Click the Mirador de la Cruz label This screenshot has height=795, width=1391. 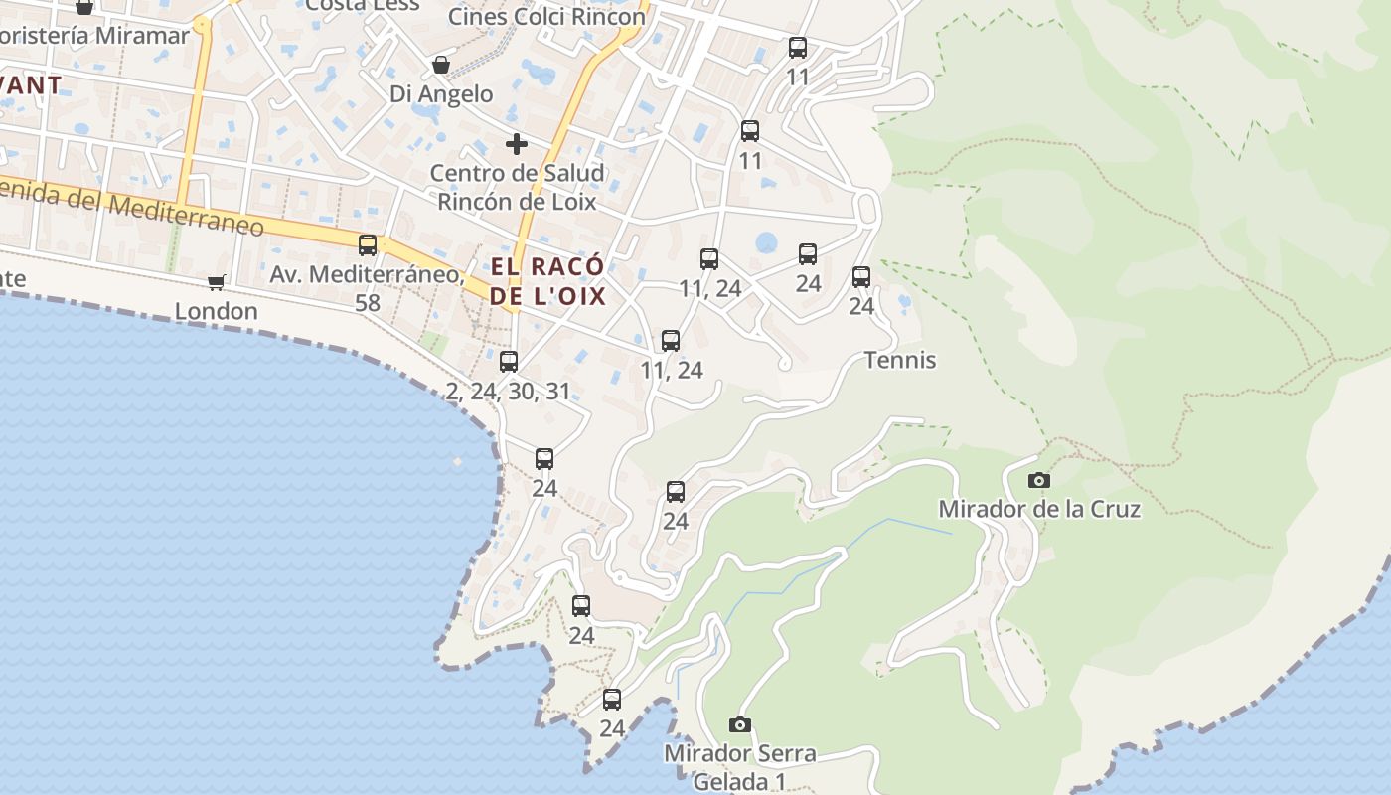pyautogui.click(x=1039, y=510)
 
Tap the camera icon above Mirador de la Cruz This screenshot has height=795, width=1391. pyautogui.click(x=1039, y=481)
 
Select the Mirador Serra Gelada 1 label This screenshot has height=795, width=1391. pyautogui.click(x=740, y=767)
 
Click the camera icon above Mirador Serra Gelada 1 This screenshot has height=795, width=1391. pyautogui.click(x=740, y=724)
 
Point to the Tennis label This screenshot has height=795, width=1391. pyautogui.click(x=900, y=360)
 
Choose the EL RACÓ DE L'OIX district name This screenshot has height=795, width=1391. pyautogui.click(x=547, y=281)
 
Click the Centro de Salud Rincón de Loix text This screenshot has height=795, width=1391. pyautogui.click(x=517, y=187)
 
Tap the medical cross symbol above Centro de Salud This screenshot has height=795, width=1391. pyautogui.click(x=517, y=144)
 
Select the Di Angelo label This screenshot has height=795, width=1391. pyautogui.click(x=441, y=94)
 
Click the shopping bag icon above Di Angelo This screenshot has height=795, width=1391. pyautogui.click(x=441, y=66)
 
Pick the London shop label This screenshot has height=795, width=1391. pyautogui.click(x=217, y=311)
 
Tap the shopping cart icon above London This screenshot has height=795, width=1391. pyautogui.click(x=217, y=282)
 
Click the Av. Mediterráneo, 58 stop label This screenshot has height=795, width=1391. pyautogui.click(x=368, y=288)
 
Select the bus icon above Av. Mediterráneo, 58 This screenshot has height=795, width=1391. pyautogui.click(x=368, y=244)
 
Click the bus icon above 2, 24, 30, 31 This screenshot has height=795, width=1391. pyautogui.click(x=509, y=362)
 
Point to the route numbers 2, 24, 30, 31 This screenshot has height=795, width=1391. pyautogui.click(x=509, y=392)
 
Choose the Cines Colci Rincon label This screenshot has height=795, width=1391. pyautogui.click(x=546, y=17)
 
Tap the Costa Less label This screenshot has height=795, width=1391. pyautogui.click(x=363, y=5)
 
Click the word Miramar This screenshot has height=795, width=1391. pyautogui.click(x=142, y=36)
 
